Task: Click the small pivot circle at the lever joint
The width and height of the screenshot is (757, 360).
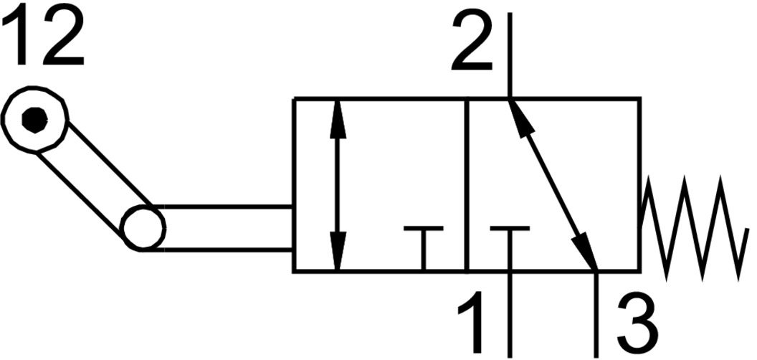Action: click(x=143, y=228)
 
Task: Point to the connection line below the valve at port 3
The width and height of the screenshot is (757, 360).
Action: click(x=596, y=316)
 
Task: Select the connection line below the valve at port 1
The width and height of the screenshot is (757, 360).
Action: click(x=510, y=316)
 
